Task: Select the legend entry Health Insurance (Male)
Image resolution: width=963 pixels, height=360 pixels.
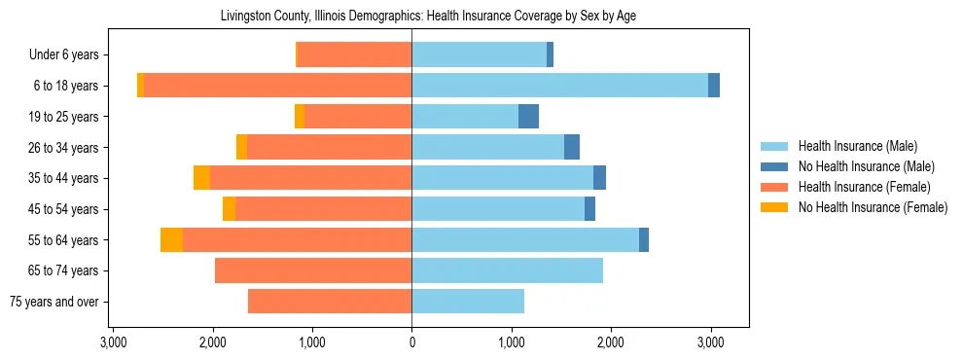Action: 857,146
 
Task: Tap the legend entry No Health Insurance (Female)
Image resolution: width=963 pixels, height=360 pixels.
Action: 873,207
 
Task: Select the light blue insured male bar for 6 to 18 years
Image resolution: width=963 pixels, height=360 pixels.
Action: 559,86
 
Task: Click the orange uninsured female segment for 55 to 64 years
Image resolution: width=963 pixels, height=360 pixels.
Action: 171,240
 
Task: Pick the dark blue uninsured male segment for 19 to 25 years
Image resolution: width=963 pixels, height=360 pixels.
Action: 528,117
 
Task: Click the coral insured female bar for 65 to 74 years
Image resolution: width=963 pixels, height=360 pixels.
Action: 313,270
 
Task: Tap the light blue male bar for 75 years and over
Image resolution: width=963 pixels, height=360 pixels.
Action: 468,302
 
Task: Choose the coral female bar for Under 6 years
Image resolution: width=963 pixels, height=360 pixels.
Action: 355,55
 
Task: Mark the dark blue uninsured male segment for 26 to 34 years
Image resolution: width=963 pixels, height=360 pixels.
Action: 572,147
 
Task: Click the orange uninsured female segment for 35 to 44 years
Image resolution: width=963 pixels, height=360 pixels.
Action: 201,178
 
